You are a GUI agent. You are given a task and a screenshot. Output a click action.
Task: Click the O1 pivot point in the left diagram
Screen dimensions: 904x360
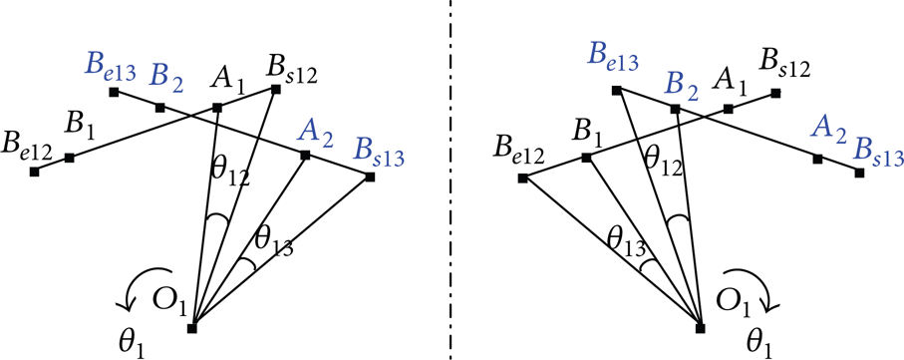click(x=192, y=328)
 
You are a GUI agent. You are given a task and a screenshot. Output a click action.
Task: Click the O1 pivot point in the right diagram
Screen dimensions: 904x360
click(x=701, y=328)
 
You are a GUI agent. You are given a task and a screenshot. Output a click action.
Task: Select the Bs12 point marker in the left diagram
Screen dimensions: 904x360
click(x=275, y=89)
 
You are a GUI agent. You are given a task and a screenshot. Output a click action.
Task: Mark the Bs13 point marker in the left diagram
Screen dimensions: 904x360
click(x=370, y=178)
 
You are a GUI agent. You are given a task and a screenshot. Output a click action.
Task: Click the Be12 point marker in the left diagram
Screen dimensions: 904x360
click(x=34, y=172)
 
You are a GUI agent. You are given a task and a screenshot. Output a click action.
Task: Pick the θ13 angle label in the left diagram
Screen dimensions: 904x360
click(x=274, y=244)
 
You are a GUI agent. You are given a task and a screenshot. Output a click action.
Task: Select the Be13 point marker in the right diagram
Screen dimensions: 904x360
click(x=616, y=90)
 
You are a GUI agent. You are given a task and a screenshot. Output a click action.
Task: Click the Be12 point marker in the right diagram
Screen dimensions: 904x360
click(x=522, y=179)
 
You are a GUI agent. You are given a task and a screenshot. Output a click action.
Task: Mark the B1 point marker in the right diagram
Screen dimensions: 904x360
click(x=585, y=157)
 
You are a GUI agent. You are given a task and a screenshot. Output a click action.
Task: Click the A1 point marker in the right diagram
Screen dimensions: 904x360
click(x=729, y=109)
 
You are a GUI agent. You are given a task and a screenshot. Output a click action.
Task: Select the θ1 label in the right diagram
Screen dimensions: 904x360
click(x=759, y=343)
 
